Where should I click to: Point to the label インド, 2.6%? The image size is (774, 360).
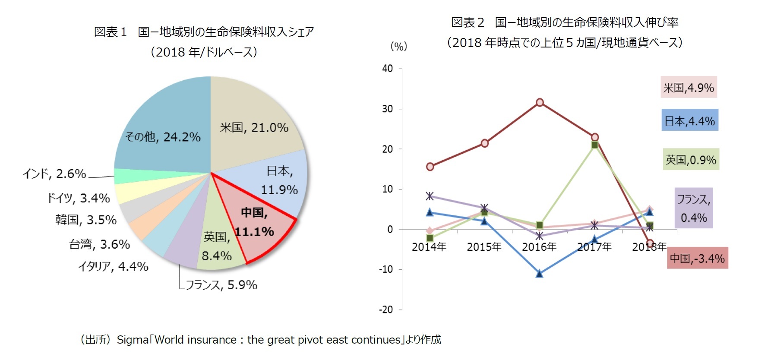[x=54, y=174]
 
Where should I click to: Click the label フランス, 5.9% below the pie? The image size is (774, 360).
[x=221, y=285]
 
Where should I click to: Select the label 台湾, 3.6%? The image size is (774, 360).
[x=99, y=244]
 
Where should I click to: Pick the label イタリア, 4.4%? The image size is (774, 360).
[x=113, y=267]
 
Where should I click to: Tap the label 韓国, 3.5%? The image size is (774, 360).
[x=86, y=220]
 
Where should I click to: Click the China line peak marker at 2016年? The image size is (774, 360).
[x=540, y=102]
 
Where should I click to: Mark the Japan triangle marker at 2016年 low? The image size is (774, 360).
[x=540, y=273]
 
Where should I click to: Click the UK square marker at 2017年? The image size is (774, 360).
[x=594, y=145]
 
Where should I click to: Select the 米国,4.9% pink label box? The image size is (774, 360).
[x=689, y=88]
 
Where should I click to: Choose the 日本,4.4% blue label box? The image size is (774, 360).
[x=689, y=121]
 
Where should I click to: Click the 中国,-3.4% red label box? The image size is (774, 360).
[x=697, y=258]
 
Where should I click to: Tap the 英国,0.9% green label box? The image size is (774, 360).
[x=691, y=160]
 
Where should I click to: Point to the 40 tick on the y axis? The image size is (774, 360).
[x=387, y=69]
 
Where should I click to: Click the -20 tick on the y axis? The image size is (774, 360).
[x=386, y=309]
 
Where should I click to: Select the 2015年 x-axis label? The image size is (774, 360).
[x=484, y=247]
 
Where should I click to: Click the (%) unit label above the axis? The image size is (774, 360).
[x=398, y=47]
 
